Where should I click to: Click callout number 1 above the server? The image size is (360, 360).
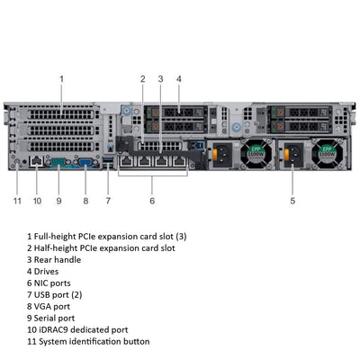[62, 78]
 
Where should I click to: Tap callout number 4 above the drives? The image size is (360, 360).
[178, 78]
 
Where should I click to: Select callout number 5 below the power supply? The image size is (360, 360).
[292, 200]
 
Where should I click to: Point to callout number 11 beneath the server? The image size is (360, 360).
[17, 200]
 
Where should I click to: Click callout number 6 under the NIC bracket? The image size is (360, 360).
[152, 200]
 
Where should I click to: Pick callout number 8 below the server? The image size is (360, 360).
[85, 200]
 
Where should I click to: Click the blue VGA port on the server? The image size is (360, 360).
[86, 163]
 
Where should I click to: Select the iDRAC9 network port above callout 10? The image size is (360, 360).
[35, 162]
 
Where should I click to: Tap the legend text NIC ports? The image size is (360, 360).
[57, 283]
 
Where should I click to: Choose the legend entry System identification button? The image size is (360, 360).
[94, 341]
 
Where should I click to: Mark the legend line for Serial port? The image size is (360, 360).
[57, 318]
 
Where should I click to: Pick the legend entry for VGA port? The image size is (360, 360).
[54, 306]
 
